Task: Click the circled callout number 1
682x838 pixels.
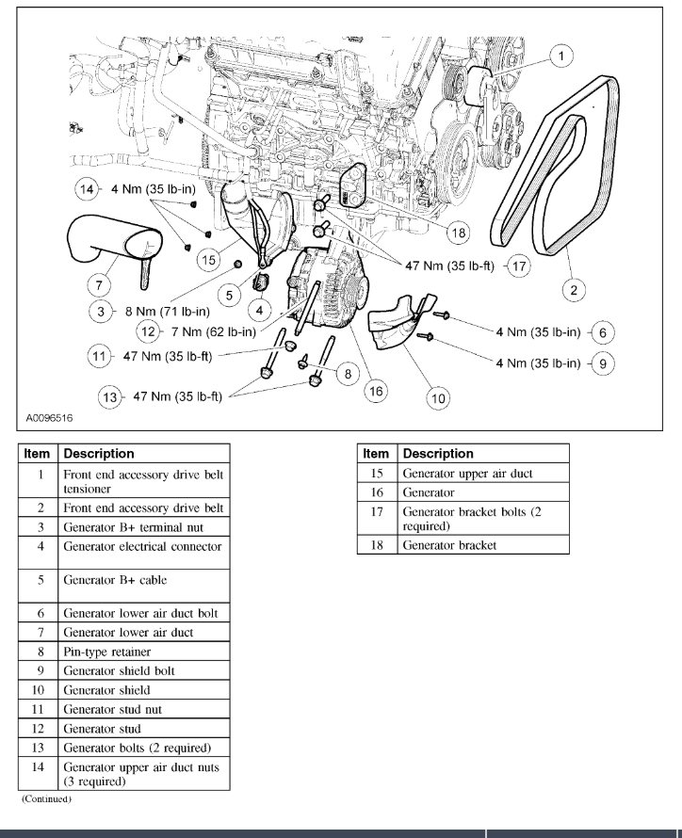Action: coord(561,57)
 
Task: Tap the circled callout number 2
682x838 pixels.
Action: coord(573,290)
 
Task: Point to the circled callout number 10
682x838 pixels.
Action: coord(438,398)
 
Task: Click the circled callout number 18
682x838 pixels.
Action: coord(459,232)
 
